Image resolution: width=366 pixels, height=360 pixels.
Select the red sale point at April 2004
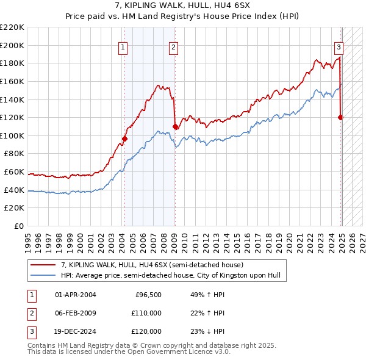coord(124,139)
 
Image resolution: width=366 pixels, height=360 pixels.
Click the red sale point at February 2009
coord(175,126)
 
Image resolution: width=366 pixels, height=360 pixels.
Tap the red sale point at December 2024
coord(340,117)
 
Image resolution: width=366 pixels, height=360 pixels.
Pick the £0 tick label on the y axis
coord(18,226)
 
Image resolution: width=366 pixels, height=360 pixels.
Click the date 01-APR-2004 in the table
coord(76,295)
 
